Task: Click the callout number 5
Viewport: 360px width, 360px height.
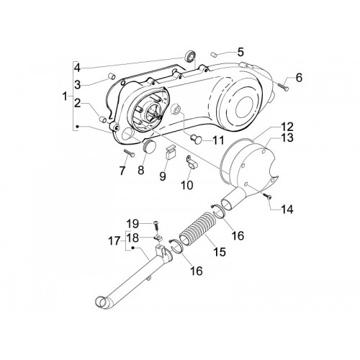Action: click(x=240, y=52)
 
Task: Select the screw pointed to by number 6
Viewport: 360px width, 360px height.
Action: click(x=283, y=86)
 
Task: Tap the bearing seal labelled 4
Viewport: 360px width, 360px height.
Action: click(x=191, y=57)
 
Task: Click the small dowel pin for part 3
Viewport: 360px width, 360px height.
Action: click(x=112, y=76)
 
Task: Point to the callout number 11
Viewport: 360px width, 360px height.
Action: click(x=218, y=140)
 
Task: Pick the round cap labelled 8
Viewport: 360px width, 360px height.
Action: click(x=149, y=146)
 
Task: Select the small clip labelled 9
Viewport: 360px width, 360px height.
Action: click(x=171, y=152)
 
